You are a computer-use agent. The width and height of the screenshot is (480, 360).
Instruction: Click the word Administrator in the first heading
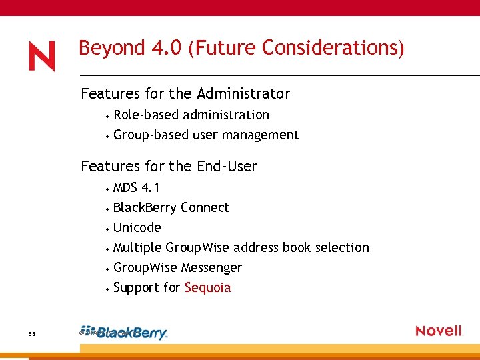[x=246, y=93]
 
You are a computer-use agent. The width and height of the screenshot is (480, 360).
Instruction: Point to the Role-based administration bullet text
[x=191, y=115]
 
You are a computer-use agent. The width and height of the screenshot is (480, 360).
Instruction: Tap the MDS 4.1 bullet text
[x=136, y=187]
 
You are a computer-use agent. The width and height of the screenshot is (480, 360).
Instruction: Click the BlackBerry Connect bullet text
[x=171, y=207]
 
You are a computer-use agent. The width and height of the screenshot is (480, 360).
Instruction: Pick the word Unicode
[x=137, y=227]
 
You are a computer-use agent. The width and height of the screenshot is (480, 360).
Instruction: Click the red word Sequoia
[x=207, y=288]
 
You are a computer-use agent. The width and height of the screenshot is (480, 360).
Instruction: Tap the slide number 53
[x=32, y=333]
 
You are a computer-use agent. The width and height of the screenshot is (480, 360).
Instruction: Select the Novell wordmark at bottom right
[x=439, y=331]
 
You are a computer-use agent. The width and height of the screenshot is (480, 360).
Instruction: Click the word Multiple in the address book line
[x=137, y=247]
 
